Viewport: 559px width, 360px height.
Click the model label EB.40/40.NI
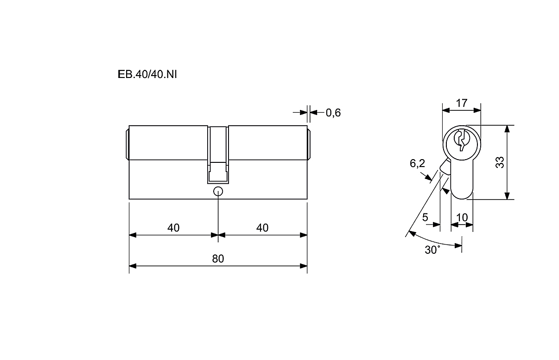point(147,74)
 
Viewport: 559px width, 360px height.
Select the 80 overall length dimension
point(218,259)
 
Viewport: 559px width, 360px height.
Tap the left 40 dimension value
point(173,228)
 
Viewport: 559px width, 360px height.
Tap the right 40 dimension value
point(262,228)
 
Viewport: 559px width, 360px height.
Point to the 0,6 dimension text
point(333,113)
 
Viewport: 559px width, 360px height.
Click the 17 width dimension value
point(461,103)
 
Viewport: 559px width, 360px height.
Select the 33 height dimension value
point(500,162)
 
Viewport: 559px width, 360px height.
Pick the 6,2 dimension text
point(417,163)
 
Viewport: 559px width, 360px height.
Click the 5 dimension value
point(425,217)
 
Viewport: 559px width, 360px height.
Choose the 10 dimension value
point(462,218)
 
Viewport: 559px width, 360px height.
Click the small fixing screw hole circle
point(218,192)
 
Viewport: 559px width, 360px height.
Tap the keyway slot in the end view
point(461,141)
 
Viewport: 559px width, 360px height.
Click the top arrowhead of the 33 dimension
point(507,129)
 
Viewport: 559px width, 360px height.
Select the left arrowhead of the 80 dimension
point(133,266)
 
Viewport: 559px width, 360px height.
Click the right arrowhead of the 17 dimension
point(477,110)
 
